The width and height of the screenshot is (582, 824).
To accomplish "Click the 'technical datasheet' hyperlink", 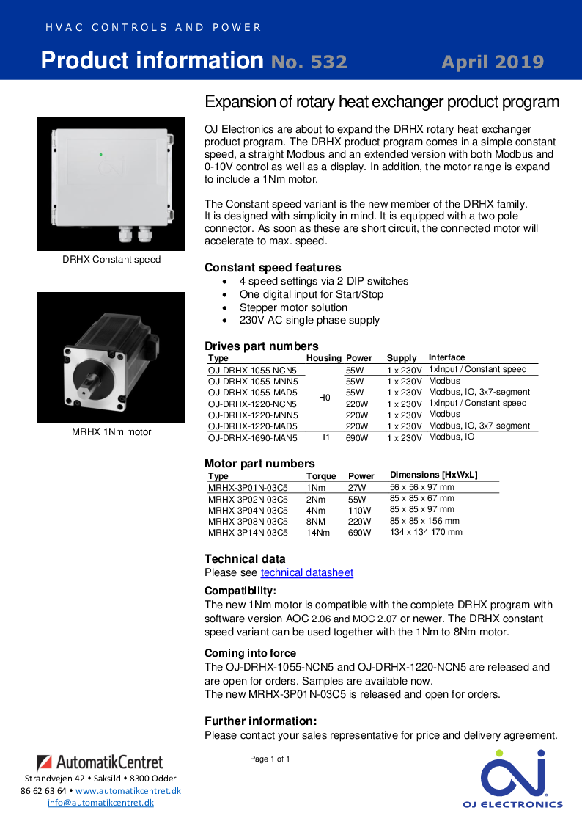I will [x=306, y=572].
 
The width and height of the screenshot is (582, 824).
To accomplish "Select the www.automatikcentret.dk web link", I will [x=128, y=791].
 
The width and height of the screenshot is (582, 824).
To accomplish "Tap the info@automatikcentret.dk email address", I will [x=100, y=803].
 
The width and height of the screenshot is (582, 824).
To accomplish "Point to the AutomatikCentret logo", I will [x=100, y=762].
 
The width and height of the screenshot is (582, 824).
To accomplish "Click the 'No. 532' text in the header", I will [x=309, y=62].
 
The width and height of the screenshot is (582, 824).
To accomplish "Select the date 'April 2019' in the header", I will [x=493, y=62].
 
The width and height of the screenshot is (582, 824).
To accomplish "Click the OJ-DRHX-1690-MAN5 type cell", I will [x=253, y=438].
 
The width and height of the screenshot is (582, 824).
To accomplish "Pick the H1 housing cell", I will [x=325, y=438].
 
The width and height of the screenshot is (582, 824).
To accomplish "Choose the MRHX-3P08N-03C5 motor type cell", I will [x=248, y=522].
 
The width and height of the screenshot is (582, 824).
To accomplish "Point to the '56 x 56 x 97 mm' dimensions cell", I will [x=421, y=487].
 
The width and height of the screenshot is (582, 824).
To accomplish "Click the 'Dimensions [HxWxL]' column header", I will [x=433, y=475].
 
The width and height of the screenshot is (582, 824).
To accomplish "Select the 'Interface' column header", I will [x=446, y=357].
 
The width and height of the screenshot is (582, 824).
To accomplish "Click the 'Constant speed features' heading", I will [x=273, y=268].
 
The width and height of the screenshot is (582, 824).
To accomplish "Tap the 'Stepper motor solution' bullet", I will [x=293, y=307].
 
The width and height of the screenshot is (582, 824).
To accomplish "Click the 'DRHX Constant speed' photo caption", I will [x=111, y=260].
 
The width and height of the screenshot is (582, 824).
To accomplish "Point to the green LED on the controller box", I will [x=100, y=155].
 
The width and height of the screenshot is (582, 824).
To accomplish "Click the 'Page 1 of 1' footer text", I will [x=270, y=759].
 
